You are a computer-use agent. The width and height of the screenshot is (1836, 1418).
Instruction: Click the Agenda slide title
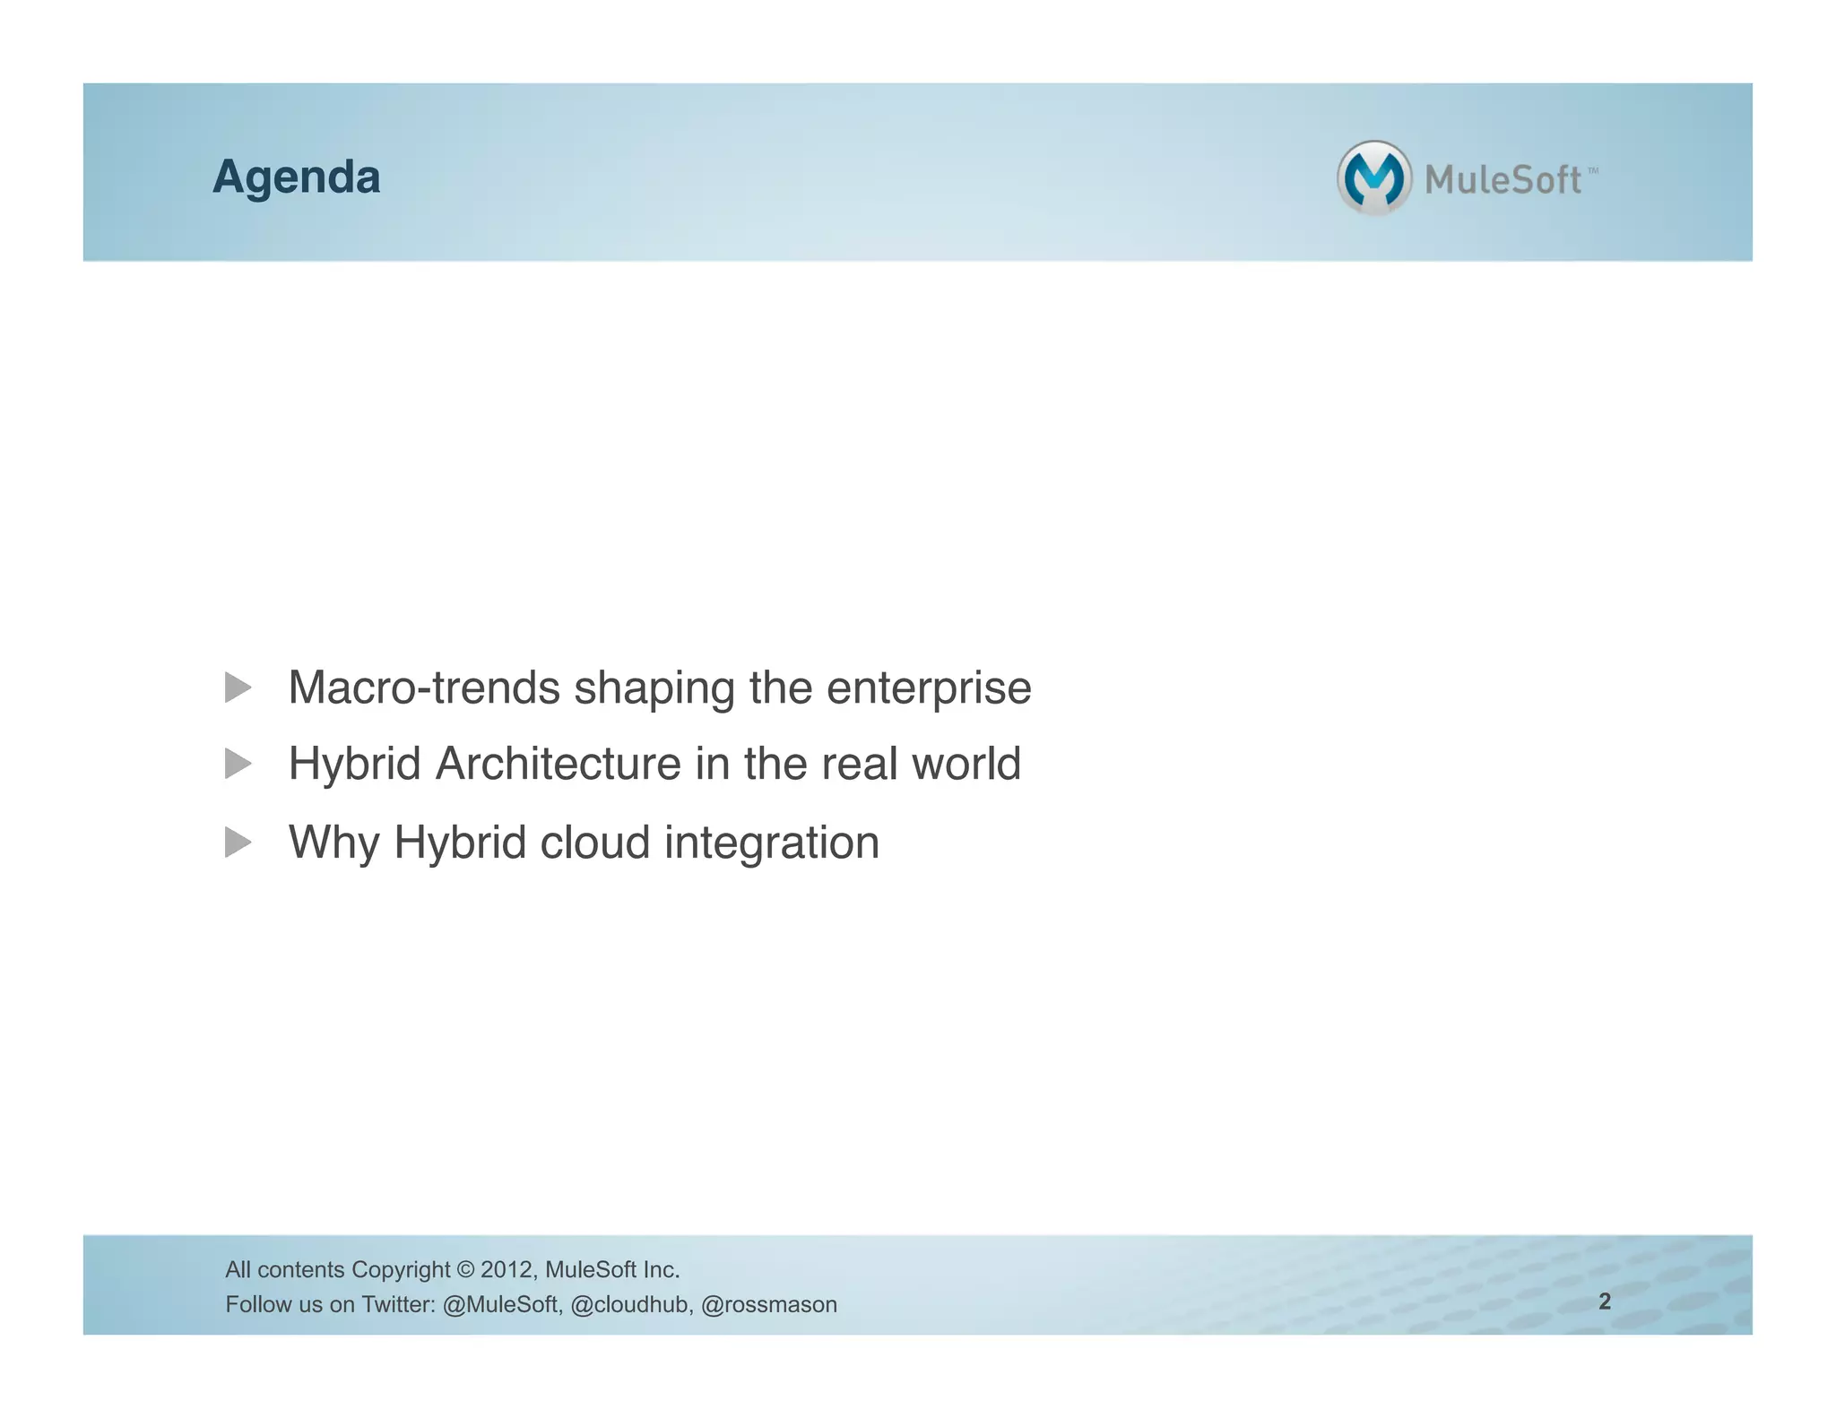click(x=296, y=177)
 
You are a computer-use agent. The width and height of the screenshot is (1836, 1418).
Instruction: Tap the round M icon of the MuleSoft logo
click(x=1373, y=177)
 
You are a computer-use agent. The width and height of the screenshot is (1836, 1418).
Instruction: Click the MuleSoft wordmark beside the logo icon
click(x=1503, y=180)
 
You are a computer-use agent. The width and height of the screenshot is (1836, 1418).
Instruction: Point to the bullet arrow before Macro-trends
click(x=238, y=688)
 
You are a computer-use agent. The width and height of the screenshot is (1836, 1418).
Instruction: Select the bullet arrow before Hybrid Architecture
click(x=238, y=765)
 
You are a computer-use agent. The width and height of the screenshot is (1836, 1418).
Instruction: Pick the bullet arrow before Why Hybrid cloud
click(x=238, y=843)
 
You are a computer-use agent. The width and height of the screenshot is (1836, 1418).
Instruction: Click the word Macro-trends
click(x=423, y=688)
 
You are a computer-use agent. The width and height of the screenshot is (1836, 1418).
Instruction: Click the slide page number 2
click(x=1605, y=1301)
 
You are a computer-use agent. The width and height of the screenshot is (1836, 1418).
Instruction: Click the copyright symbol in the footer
click(x=464, y=1270)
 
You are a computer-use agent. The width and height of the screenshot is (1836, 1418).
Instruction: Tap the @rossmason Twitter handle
click(x=768, y=1305)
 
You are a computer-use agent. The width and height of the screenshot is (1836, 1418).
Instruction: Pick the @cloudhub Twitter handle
click(x=631, y=1305)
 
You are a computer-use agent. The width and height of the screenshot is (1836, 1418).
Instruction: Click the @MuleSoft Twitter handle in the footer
click(x=502, y=1305)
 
